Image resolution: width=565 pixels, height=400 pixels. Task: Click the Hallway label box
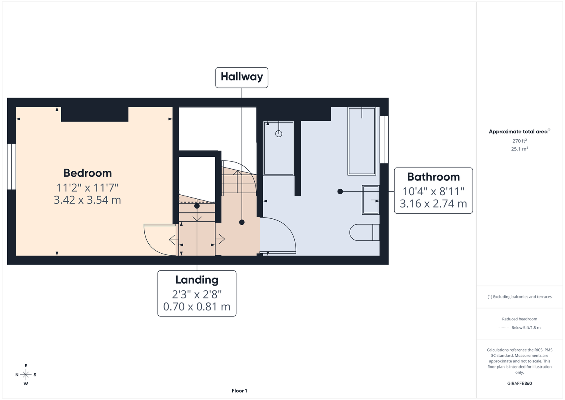pos(242,78)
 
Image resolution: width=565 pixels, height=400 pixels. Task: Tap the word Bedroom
pos(88,173)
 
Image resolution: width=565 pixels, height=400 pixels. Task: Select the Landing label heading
pos(197,280)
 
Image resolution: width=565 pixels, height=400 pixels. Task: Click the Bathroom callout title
pos(433,177)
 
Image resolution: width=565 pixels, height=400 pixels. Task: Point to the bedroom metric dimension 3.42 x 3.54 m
pos(88,200)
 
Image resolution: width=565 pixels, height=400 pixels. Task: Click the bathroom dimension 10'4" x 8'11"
pos(433,191)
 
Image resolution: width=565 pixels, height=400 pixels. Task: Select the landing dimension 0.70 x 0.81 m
pos(197,307)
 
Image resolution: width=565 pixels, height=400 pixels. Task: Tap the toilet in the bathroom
pos(365,232)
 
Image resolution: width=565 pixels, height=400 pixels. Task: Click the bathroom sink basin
pos(371,200)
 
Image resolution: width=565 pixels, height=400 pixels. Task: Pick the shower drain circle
pos(279,134)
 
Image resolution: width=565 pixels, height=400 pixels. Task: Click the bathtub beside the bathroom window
pos(362,141)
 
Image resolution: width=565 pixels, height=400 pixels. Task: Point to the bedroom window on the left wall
pos(12,166)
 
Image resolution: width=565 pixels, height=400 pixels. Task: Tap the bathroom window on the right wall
pos(384,140)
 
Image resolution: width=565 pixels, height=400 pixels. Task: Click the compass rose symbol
pos(26,375)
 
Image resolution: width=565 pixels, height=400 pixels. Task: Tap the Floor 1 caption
pos(240,391)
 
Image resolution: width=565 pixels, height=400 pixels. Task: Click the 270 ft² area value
pos(519,141)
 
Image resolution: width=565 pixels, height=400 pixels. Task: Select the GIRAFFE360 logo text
pos(519,383)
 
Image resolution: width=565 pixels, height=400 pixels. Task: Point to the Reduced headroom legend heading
pos(519,319)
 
